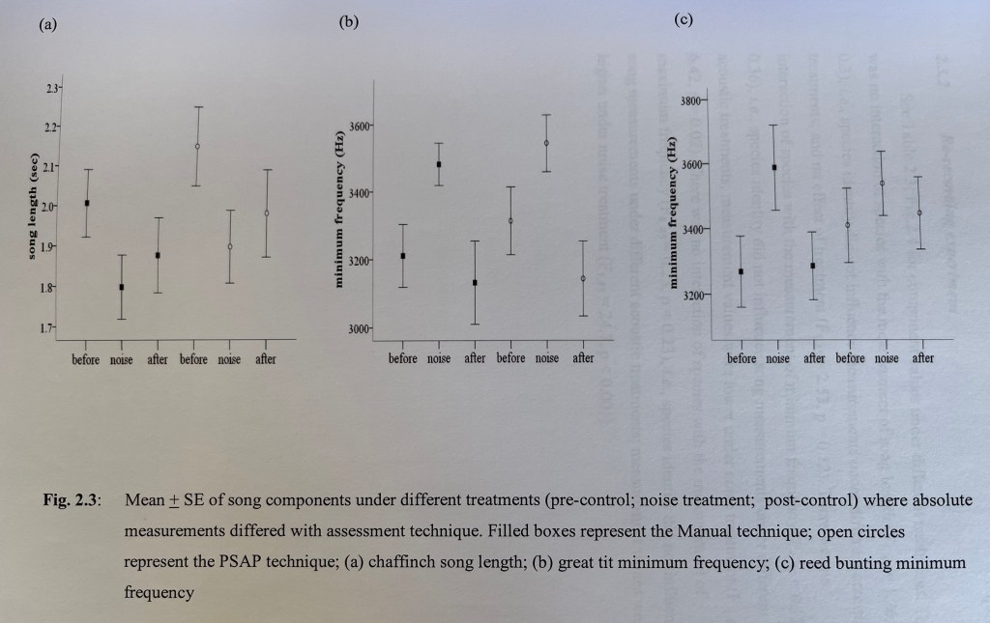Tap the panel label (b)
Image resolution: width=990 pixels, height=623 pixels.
pyautogui.click(x=349, y=22)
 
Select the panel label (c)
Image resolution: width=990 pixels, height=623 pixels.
pyautogui.click(x=684, y=19)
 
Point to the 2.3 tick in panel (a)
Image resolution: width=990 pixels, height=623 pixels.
pyautogui.click(x=52, y=89)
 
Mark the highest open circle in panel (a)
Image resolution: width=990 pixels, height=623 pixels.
pyautogui.click(x=197, y=147)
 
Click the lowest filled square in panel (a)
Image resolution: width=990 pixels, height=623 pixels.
pyautogui.click(x=122, y=287)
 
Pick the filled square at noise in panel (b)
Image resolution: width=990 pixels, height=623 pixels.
pyautogui.click(x=439, y=164)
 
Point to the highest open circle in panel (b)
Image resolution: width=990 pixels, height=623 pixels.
pyautogui.click(x=547, y=143)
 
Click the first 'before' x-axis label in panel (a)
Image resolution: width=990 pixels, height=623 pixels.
pyautogui.click(x=86, y=359)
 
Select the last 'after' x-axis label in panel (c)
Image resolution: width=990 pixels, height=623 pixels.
pyautogui.click(x=923, y=358)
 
